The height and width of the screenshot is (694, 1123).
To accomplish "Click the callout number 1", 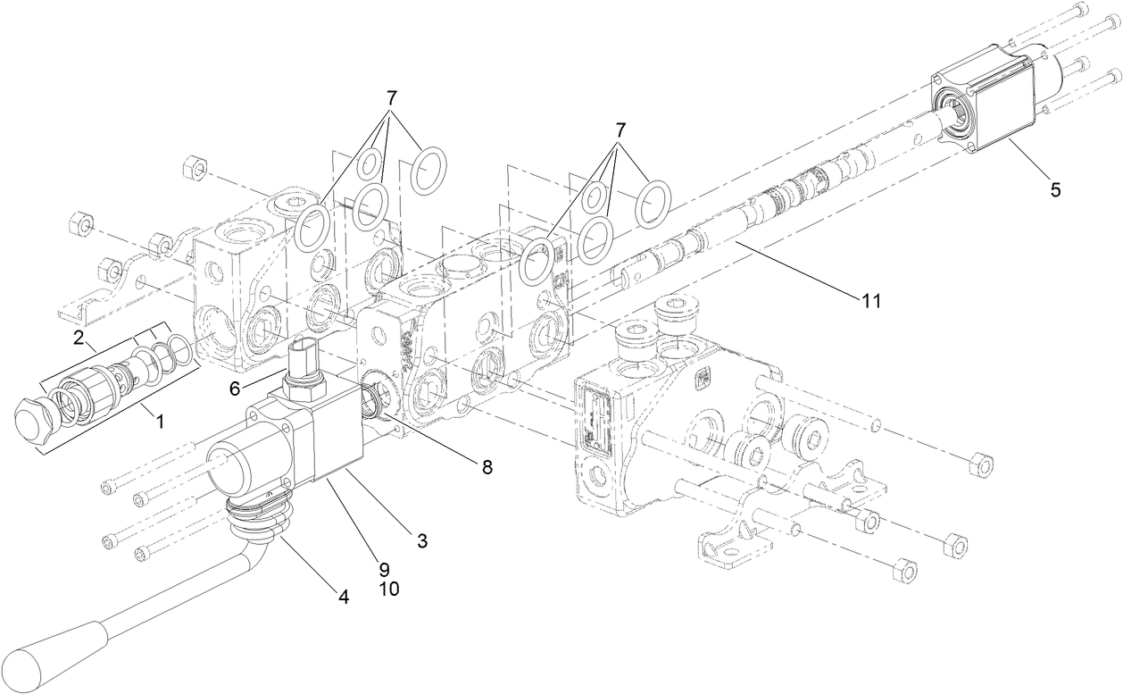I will (161, 421).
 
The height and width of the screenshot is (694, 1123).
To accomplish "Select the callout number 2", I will (79, 337).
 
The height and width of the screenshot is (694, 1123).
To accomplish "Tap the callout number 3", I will (421, 539).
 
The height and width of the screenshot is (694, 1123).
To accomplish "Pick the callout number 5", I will (1055, 189).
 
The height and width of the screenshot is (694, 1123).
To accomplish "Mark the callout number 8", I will (486, 465).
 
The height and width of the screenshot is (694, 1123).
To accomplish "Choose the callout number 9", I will (383, 568).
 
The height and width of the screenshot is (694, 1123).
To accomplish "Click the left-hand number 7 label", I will (391, 96).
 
